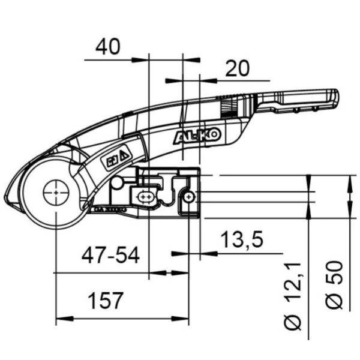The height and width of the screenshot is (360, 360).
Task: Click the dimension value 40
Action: (107, 47)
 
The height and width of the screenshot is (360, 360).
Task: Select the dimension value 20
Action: (237, 69)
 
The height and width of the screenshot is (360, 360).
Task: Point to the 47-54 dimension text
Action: (110, 256)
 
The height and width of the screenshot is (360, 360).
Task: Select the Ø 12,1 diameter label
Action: (293, 297)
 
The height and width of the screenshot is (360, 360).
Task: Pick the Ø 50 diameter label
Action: (335, 285)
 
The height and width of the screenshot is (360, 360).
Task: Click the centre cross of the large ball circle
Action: (56, 193)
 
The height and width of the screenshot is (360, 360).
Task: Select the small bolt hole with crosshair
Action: (190, 197)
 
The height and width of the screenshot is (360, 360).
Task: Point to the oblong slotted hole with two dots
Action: (146, 197)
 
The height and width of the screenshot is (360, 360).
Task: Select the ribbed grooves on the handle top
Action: (227, 108)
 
